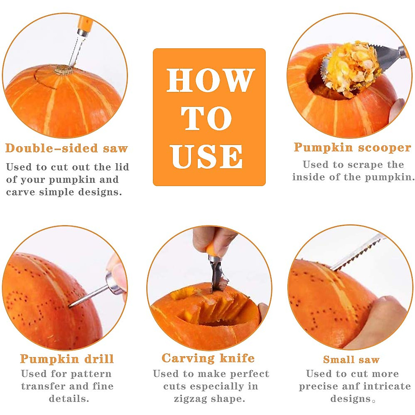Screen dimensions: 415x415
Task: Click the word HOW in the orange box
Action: (x=210, y=81)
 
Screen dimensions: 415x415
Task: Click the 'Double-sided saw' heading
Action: (x=67, y=148)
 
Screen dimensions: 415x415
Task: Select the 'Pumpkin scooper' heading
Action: (x=352, y=147)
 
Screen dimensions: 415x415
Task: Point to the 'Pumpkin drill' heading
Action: (x=67, y=359)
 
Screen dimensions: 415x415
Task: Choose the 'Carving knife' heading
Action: (x=208, y=358)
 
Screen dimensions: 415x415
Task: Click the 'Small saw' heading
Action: (x=351, y=360)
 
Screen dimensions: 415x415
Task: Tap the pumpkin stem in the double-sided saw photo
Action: (x=63, y=70)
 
